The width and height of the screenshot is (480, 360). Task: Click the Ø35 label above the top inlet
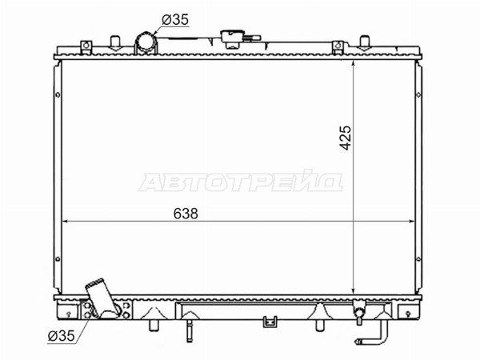coord(175,20)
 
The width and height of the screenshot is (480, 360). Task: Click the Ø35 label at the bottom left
coord(62,336)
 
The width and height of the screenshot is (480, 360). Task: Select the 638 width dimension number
coord(186,214)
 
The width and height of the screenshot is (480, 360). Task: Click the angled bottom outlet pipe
coord(101,297)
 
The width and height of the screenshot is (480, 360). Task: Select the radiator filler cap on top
coord(234,38)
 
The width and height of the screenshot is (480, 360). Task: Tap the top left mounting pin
coord(115,43)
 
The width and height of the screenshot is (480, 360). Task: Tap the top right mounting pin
coord(364,43)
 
